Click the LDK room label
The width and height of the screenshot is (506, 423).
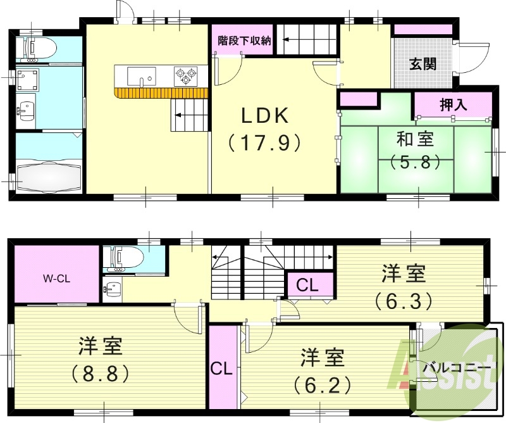(264, 115)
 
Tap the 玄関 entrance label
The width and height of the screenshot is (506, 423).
(422, 64)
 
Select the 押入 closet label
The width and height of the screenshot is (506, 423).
(453, 105)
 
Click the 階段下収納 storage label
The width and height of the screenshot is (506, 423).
(244, 41)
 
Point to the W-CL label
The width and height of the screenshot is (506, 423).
(56, 277)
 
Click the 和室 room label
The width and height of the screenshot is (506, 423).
(415, 138)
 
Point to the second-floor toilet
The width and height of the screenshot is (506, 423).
(126, 256)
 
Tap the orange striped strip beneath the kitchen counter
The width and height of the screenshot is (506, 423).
(161, 93)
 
